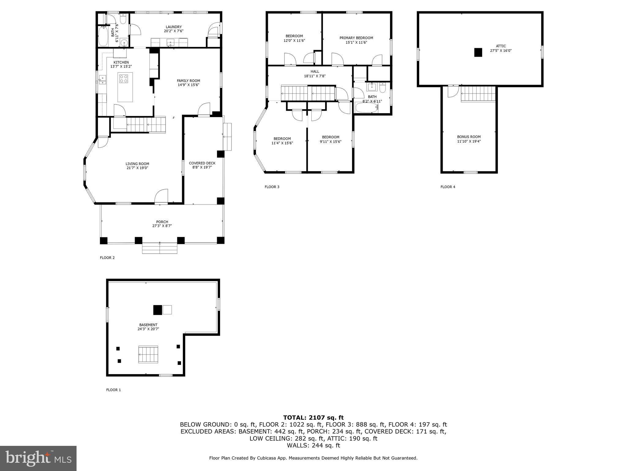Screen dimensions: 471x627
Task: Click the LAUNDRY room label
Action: [x=174, y=27]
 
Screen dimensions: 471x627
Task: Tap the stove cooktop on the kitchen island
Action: [x=124, y=79]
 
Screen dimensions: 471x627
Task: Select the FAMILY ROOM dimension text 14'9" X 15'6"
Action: [x=188, y=85]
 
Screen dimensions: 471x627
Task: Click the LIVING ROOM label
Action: [x=137, y=164]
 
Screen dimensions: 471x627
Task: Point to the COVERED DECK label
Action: [x=202, y=163]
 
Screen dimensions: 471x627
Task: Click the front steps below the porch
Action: [x=160, y=248]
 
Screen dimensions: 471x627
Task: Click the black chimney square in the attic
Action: [x=478, y=52]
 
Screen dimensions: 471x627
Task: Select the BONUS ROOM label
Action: [x=469, y=137]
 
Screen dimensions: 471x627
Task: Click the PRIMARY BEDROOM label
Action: [x=356, y=38]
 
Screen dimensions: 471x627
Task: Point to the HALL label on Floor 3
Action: [x=315, y=71]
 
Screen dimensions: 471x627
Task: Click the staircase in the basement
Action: [x=148, y=354]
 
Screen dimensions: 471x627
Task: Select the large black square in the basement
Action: [x=157, y=310]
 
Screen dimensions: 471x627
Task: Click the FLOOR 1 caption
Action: [x=113, y=390]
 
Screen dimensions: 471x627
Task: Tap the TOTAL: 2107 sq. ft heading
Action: [x=313, y=417]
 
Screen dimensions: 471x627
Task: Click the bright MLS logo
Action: [x=38, y=458]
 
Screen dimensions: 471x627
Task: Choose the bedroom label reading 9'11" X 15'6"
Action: [x=330, y=142]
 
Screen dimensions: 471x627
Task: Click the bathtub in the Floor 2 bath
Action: [x=103, y=36]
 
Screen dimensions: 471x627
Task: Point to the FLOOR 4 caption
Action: [x=448, y=187]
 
